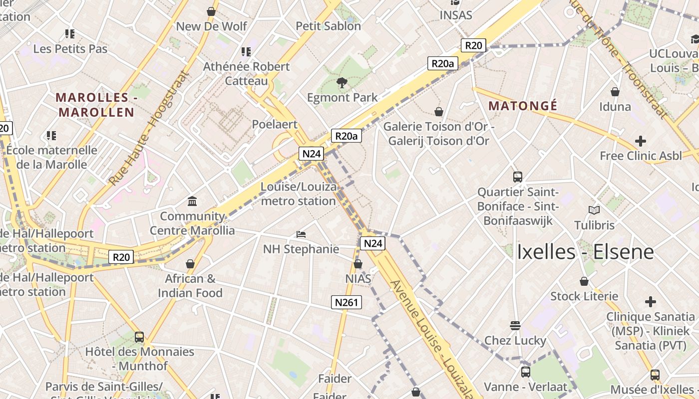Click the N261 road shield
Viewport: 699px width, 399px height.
coord(346,302)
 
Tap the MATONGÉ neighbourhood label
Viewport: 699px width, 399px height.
coord(523,106)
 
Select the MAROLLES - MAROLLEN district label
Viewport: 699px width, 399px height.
coord(96,105)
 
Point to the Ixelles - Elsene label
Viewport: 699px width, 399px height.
coord(585,252)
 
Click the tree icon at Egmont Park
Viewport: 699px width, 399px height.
coord(342,83)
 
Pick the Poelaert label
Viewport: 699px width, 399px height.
coord(275,124)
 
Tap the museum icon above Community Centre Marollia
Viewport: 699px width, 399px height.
coord(192,201)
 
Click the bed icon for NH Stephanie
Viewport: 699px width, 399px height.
coord(301,234)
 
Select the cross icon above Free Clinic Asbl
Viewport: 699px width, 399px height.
coord(641,141)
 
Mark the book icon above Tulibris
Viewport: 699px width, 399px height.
coord(594,210)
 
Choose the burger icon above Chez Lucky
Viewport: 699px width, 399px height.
coord(515,326)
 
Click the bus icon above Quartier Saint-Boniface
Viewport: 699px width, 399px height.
coord(518,177)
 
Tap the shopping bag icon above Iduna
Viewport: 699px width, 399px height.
coord(615,92)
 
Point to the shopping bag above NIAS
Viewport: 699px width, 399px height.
coord(358,264)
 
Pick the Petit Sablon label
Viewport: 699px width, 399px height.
coord(328,26)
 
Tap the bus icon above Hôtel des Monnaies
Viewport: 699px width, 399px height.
coord(139,337)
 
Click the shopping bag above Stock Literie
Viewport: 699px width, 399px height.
coord(584,282)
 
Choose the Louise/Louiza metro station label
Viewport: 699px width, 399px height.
coord(298,194)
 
